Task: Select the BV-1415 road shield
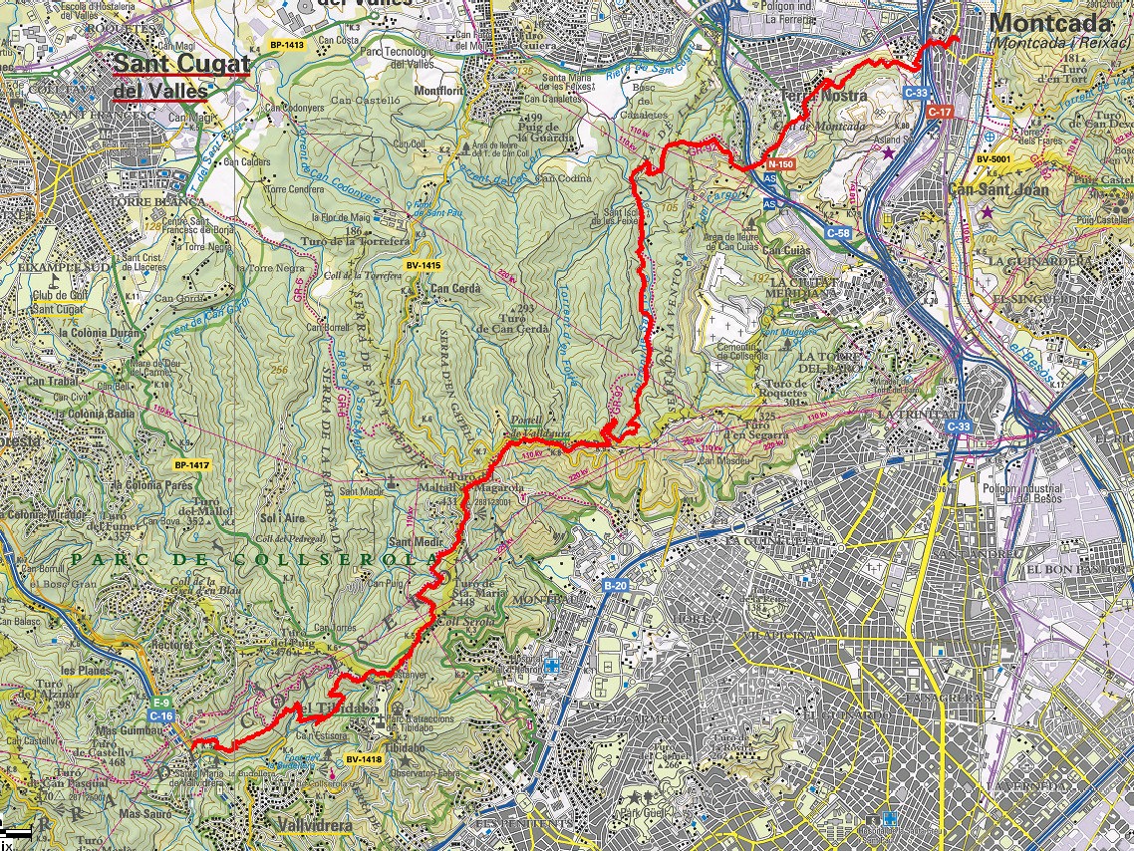coord(424,265)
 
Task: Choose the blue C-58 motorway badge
coord(838,232)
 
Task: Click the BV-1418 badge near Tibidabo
coord(364,759)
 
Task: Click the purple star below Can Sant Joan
coord(987,212)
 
